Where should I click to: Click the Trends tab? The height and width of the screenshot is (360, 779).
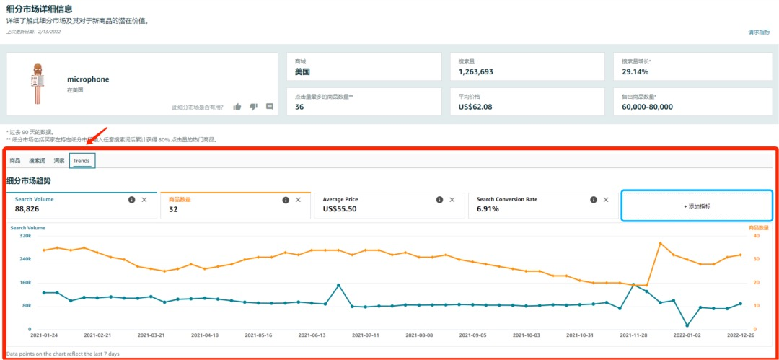pos(82,161)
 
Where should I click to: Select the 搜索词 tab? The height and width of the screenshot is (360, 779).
pos(37,161)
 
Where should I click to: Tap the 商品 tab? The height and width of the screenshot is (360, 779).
pos(15,161)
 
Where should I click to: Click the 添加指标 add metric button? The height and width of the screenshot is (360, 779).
pos(697,206)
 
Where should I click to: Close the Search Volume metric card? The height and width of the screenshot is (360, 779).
pos(144,200)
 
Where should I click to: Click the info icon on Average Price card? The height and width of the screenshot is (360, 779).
pos(439,200)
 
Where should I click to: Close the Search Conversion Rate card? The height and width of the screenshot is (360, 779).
pos(606,200)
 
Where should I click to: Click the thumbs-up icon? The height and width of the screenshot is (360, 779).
pos(237,107)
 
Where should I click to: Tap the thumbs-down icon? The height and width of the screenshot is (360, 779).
pos(253,107)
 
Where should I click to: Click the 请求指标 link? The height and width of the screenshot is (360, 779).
pos(759,32)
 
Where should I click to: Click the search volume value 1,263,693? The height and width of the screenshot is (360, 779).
pos(476,72)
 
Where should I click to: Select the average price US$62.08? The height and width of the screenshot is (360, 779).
pos(475,107)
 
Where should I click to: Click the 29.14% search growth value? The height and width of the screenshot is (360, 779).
pos(635,72)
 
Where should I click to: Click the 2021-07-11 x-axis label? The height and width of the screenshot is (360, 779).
pos(366,335)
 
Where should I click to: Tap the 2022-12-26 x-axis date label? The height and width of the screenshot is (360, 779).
pos(740,335)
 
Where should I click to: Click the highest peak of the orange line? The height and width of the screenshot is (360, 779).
pos(660,243)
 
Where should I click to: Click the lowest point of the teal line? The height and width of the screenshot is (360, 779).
pos(687,325)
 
